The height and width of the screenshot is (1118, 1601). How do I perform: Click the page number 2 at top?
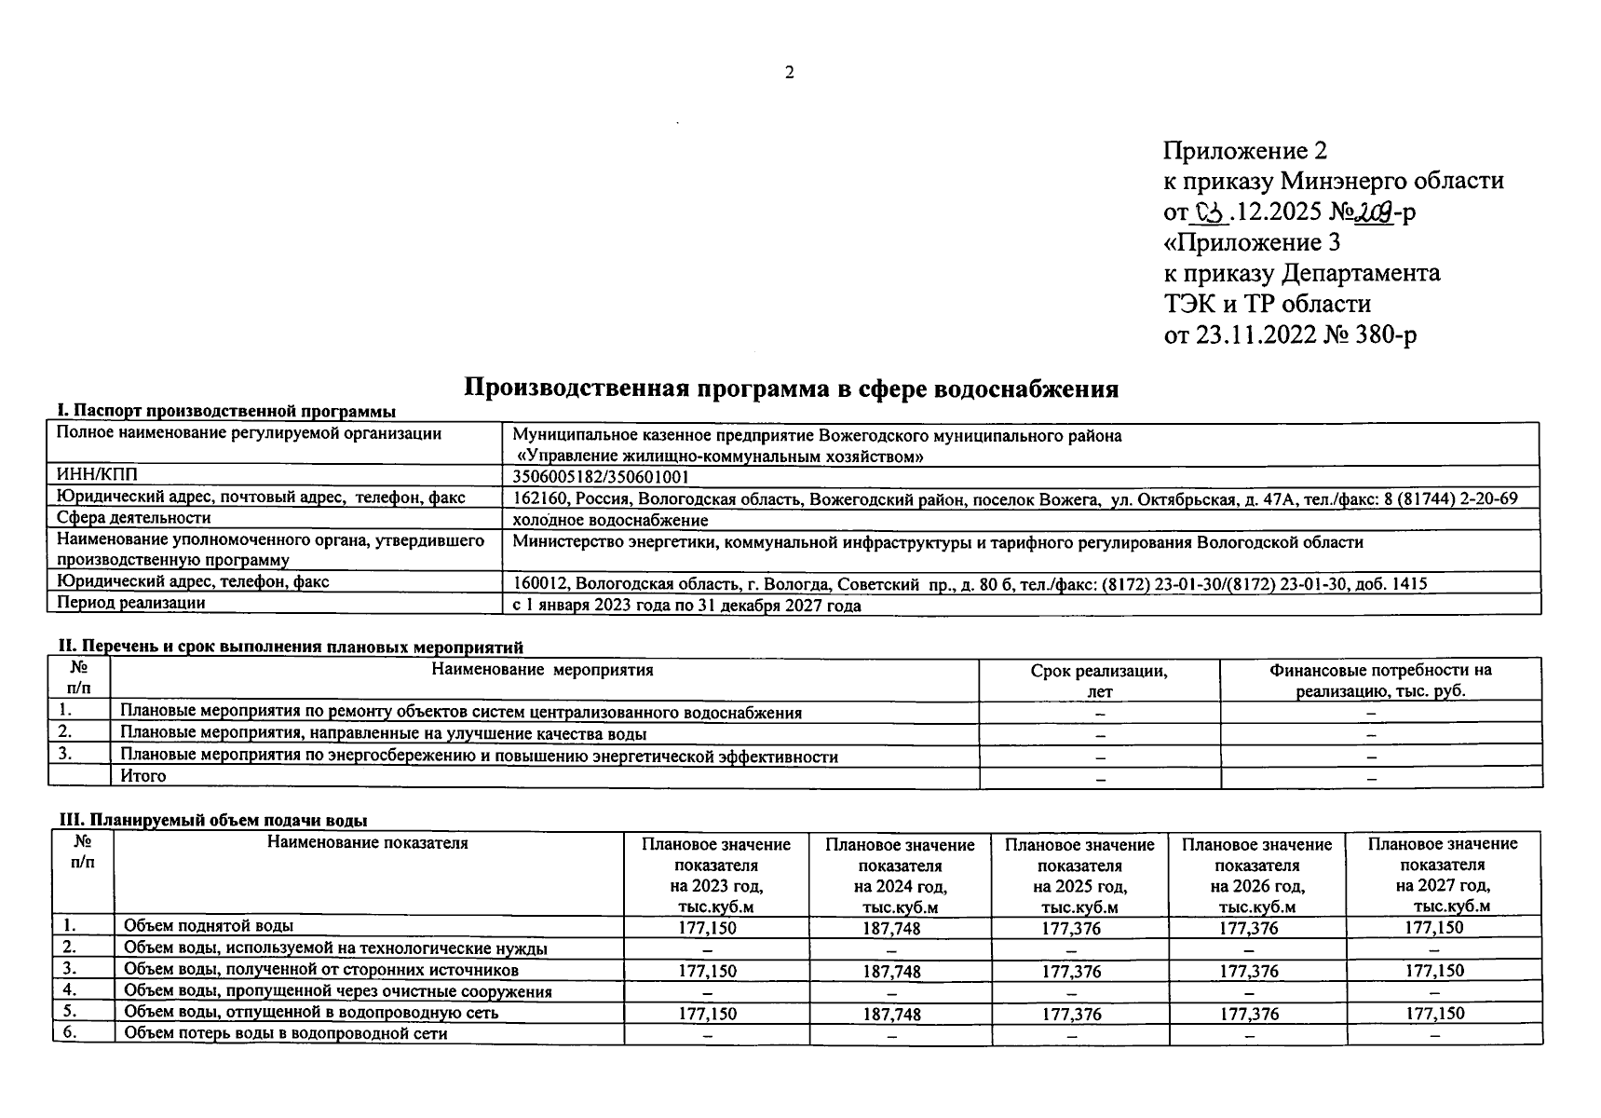[x=790, y=73]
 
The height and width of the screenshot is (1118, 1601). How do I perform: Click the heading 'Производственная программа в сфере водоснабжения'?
[x=791, y=389]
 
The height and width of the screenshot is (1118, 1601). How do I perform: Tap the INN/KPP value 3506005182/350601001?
[x=602, y=477]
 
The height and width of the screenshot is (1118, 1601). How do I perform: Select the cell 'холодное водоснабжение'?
[x=610, y=520]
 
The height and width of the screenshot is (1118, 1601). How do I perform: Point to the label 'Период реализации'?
[x=131, y=603]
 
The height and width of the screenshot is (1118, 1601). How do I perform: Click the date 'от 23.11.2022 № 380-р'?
[x=1290, y=334]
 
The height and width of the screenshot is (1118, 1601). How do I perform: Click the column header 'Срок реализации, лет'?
[x=1099, y=680]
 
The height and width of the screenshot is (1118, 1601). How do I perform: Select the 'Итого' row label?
[x=143, y=776]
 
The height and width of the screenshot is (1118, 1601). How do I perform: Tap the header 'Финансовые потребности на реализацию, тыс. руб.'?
[x=1380, y=680]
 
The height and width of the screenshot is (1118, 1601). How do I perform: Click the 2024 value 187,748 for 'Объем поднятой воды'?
[x=891, y=929]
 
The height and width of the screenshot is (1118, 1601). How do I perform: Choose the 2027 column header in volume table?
[x=1442, y=875]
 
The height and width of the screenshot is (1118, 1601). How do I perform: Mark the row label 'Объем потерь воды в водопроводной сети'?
[x=286, y=1033]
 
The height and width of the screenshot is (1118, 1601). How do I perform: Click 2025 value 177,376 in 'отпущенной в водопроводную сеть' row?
[x=1071, y=1014]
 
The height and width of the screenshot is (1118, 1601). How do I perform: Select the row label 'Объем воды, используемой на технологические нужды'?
[x=335, y=948]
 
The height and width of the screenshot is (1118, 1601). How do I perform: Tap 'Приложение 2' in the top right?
[x=1244, y=151]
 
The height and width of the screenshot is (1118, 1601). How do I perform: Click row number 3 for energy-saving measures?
[x=65, y=755]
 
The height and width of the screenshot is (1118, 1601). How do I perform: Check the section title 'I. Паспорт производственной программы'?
[x=226, y=411]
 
